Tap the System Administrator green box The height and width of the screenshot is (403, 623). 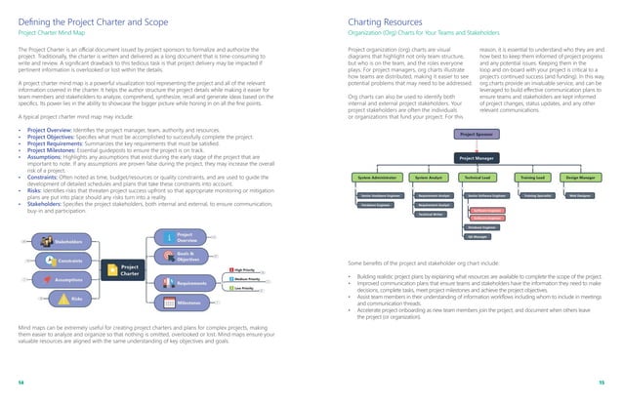pos(376,179)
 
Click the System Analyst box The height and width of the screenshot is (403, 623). pos(430,179)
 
